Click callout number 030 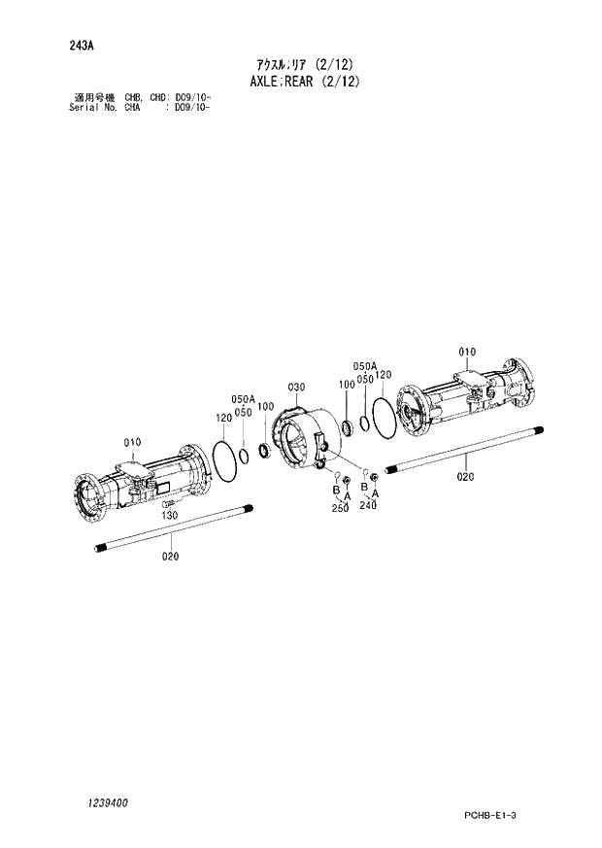[x=296, y=387]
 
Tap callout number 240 [x=368, y=505]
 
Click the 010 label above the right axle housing [x=467, y=351]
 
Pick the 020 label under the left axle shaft [x=171, y=557]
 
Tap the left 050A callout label [x=242, y=399]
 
